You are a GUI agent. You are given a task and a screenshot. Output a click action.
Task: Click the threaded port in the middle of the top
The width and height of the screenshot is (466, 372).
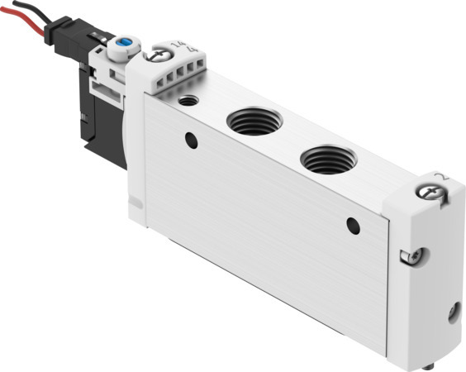pos(254,121)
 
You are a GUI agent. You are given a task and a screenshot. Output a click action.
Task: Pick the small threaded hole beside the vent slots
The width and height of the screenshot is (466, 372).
pos(190,100)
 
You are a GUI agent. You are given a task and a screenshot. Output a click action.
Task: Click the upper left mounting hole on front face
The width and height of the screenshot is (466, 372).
pos(192,141)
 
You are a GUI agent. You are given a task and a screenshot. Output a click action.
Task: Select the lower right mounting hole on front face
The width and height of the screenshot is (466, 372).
pos(354,224)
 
